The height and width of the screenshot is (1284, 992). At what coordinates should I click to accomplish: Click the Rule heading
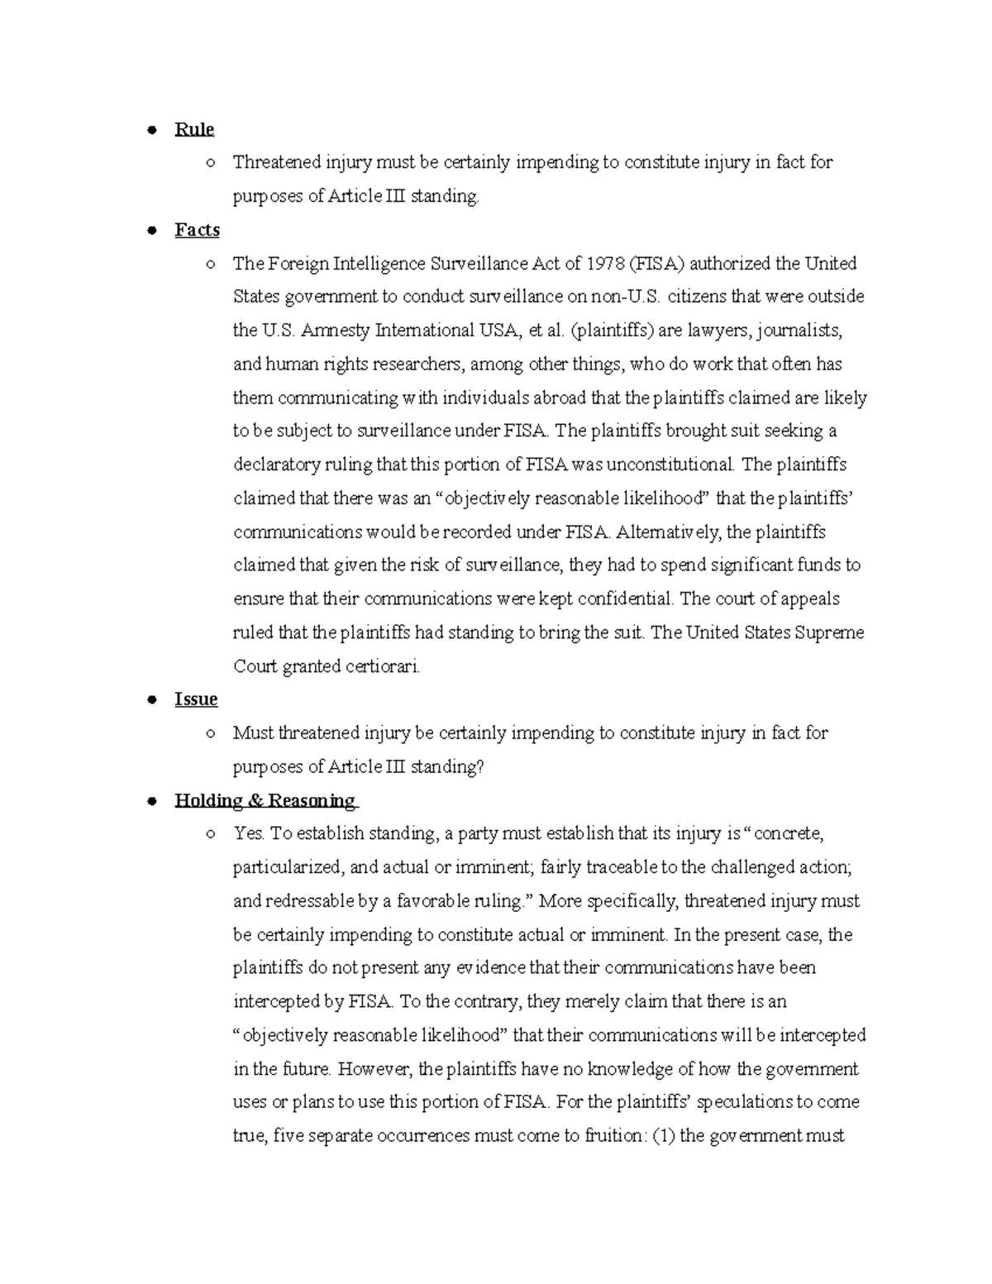tap(194, 129)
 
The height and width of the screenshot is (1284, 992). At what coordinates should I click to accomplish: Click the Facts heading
tap(197, 230)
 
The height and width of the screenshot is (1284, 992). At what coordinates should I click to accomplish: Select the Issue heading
tap(196, 699)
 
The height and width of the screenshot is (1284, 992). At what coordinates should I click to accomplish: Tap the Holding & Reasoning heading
tap(265, 800)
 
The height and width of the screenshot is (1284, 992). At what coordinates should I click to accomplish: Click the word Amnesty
tap(336, 331)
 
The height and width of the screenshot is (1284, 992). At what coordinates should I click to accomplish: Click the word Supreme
tap(829, 632)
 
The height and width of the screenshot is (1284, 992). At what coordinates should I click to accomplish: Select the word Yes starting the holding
tap(247, 833)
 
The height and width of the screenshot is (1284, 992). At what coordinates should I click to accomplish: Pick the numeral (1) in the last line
tap(664, 1136)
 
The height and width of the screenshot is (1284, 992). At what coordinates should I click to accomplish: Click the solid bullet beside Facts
tap(151, 231)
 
